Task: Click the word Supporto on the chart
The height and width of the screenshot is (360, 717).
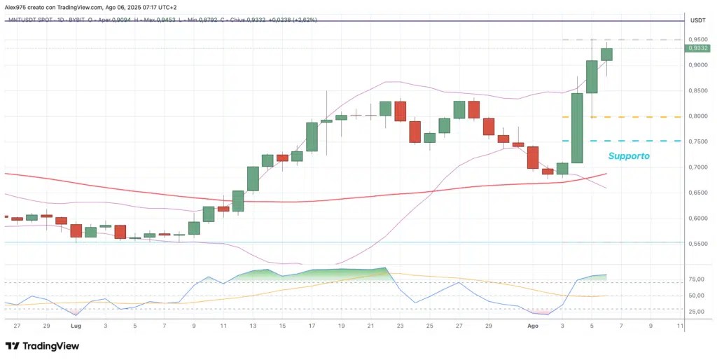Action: click(x=629, y=156)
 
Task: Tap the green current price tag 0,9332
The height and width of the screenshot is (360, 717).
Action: click(x=698, y=48)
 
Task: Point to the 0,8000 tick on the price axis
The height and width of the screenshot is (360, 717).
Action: click(x=698, y=116)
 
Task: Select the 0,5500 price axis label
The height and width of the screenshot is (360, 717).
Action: click(x=698, y=244)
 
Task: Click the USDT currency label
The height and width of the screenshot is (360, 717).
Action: click(x=698, y=20)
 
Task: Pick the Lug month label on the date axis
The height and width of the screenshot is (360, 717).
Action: click(x=76, y=326)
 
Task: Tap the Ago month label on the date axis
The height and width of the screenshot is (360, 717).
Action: click(x=532, y=326)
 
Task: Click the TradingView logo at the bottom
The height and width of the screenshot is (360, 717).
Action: click(x=42, y=346)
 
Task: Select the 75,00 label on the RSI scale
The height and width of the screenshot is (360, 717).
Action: click(x=698, y=279)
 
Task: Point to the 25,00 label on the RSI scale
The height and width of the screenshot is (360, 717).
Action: click(x=698, y=312)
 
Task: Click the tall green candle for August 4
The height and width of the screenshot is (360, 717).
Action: click(x=577, y=128)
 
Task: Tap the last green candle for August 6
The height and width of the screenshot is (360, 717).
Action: click(x=607, y=55)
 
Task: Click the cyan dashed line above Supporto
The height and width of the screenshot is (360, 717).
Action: click(x=622, y=141)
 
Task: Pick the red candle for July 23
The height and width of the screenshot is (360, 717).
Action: click(x=401, y=111)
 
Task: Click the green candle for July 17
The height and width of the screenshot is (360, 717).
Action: click(x=312, y=137)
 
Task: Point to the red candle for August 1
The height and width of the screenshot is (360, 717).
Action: click(x=533, y=158)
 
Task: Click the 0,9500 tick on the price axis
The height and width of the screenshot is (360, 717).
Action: click(x=698, y=40)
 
